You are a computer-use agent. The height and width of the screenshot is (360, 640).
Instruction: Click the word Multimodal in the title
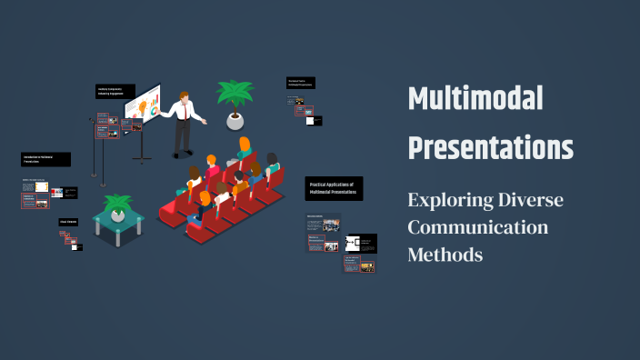click(x=475, y=99)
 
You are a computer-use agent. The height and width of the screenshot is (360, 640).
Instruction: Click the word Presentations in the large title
click(x=490, y=146)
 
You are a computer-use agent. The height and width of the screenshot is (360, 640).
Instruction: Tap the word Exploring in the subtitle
click(x=449, y=199)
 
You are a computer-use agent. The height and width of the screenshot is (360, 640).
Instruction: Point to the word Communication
click(x=477, y=226)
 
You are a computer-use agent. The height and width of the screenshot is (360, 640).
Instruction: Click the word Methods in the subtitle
click(x=445, y=254)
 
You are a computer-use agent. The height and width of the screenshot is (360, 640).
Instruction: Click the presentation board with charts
click(x=143, y=107)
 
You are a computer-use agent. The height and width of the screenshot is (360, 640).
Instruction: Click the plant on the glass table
click(x=117, y=205)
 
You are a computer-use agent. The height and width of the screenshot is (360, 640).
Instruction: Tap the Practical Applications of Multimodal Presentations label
click(x=334, y=188)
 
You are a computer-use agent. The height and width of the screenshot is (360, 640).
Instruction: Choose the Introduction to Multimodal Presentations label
click(x=45, y=159)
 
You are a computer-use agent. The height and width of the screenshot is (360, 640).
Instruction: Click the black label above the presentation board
click(x=115, y=91)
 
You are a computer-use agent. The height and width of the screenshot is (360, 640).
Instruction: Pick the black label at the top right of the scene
click(x=301, y=83)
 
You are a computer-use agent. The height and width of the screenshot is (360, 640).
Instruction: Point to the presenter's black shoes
click(x=181, y=154)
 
